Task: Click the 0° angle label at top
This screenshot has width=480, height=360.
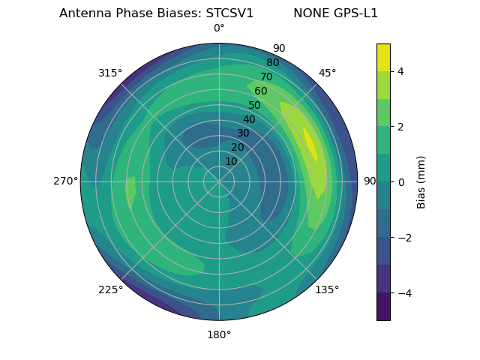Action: click(219, 28)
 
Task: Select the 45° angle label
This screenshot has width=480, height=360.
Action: click(327, 73)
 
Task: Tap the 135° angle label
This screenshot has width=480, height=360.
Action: click(327, 289)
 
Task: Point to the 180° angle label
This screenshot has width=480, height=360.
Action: click(219, 334)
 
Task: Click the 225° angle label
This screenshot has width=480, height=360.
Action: click(110, 289)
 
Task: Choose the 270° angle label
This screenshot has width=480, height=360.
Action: click(65, 181)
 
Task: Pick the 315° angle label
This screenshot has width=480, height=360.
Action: click(110, 73)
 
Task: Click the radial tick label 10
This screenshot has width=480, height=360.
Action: click(231, 161)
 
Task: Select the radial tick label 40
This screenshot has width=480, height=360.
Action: click(249, 120)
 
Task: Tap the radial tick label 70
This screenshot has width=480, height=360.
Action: click(266, 76)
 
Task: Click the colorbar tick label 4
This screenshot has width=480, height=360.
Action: click(401, 71)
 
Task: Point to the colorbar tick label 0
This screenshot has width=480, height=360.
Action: click(401, 182)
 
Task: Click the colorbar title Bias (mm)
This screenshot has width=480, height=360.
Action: click(421, 182)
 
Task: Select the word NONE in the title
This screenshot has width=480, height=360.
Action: click(309, 13)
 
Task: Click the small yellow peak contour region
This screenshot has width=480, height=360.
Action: click(310, 143)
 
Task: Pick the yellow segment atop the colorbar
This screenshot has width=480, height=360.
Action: click(383, 57)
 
